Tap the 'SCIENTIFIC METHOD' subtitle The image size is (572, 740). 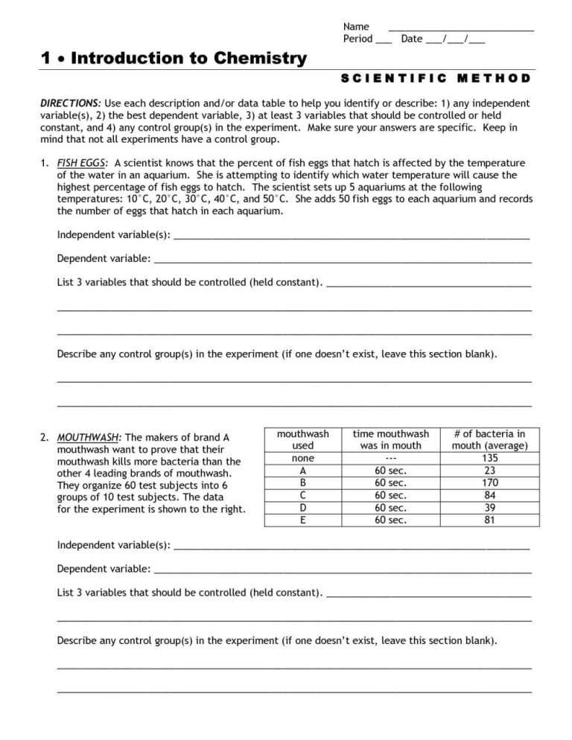click(x=436, y=78)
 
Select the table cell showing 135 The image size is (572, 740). click(x=489, y=459)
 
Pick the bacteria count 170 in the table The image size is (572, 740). click(x=489, y=483)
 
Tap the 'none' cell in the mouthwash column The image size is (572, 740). click(x=302, y=459)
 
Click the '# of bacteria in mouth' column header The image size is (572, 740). click(x=489, y=440)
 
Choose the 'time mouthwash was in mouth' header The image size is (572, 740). click(x=391, y=440)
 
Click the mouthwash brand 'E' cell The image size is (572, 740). click(x=302, y=520)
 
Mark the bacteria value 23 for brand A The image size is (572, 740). click(x=489, y=471)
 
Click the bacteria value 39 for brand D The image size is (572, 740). click(x=489, y=508)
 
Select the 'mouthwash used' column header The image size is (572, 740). click(x=302, y=440)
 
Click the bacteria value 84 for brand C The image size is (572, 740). click(x=489, y=495)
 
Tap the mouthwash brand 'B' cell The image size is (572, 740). click(x=302, y=483)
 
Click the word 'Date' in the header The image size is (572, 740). click(x=411, y=39)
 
